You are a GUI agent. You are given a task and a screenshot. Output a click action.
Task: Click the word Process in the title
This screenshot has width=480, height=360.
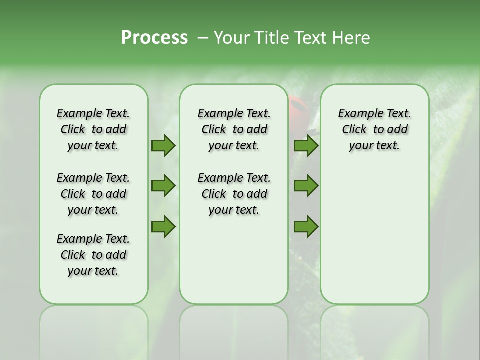154,38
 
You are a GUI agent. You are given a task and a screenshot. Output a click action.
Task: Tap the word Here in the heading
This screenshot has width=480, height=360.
352,38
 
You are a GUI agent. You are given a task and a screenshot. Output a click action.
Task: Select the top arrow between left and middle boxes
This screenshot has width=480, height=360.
163,145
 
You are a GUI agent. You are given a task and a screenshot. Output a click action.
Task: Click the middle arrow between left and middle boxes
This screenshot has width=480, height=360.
163,186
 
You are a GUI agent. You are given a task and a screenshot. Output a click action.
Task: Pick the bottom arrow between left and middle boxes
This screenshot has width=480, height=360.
163,226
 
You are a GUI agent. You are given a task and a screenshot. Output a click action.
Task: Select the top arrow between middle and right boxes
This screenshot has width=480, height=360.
306,145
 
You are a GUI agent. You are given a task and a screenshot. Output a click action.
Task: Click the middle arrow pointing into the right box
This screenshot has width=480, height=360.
306,186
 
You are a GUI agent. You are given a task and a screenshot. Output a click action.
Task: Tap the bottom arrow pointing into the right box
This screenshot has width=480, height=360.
306,226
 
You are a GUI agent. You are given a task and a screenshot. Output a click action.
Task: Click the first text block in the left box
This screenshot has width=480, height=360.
93,129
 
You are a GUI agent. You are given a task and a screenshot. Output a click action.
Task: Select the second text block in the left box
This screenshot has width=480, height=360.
93,194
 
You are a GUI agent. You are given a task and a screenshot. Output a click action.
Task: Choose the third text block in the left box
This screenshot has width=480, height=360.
93,255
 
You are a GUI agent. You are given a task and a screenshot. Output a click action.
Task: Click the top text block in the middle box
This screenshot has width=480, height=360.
234,129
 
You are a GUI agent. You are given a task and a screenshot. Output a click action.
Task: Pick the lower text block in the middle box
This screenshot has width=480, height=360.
234,194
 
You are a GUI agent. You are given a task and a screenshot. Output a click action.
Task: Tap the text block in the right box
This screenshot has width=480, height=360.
374,129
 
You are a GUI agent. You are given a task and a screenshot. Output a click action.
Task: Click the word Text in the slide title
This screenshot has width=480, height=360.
309,38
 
